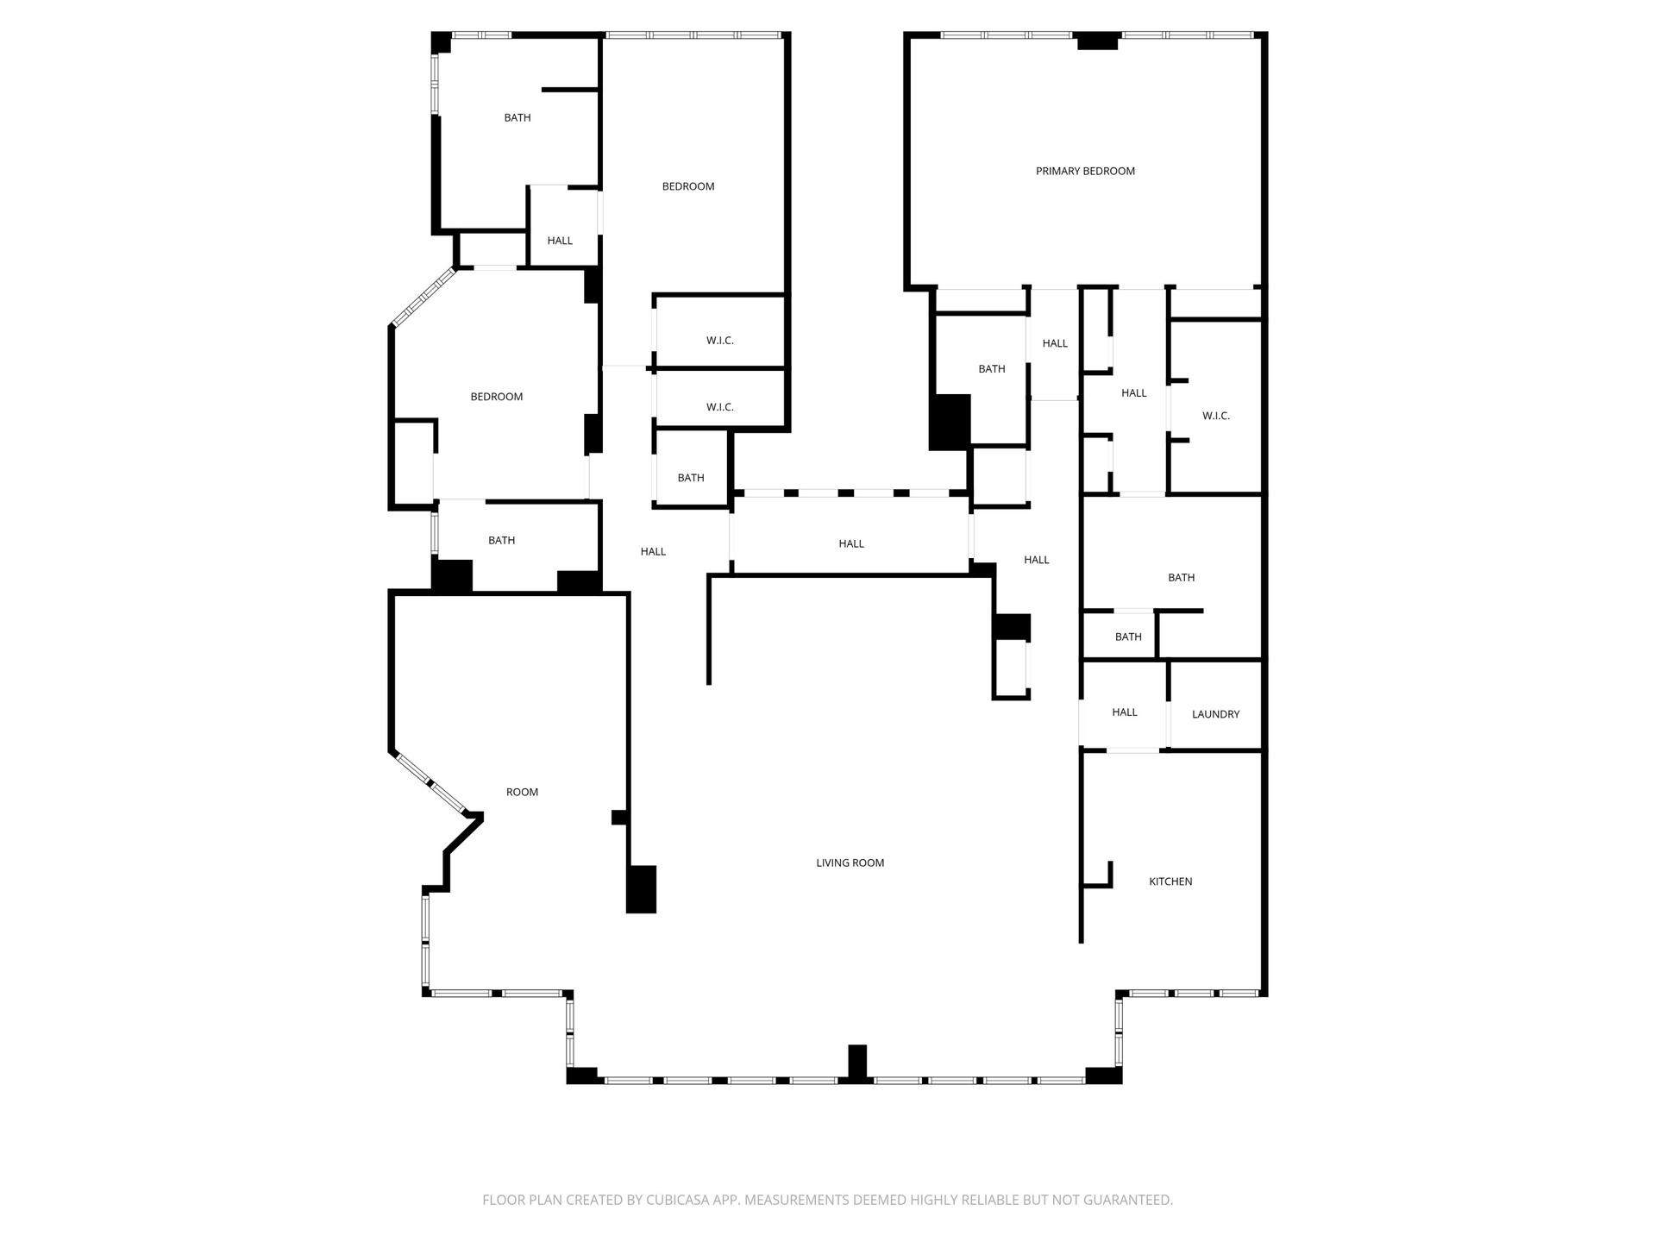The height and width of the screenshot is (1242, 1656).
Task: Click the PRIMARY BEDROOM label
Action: tap(1085, 171)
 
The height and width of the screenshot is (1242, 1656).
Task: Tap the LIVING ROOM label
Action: tap(850, 862)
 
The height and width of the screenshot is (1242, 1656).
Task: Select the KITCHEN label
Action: tap(1170, 881)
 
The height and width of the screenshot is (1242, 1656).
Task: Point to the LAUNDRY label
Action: tap(1215, 714)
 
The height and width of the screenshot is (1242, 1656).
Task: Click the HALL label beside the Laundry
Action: tap(1125, 712)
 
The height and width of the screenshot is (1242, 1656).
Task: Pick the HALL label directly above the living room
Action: tap(851, 543)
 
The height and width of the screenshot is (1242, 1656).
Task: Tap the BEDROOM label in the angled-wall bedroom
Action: tap(497, 397)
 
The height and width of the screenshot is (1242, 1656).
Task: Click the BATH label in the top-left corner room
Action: tap(517, 117)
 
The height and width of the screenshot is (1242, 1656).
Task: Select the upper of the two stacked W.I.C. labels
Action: tap(720, 341)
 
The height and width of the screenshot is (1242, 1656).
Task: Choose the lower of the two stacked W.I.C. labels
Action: tap(720, 407)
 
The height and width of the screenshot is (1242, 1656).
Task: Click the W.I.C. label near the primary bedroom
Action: tap(1216, 416)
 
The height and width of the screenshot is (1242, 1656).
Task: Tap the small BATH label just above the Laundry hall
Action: tap(1128, 637)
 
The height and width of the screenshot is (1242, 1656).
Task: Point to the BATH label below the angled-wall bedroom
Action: tap(502, 541)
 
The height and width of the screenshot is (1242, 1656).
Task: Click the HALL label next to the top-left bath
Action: tap(560, 241)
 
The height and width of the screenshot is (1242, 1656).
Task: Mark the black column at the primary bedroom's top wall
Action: tap(1097, 41)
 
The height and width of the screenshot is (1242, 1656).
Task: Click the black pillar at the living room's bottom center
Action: tap(856, 1062)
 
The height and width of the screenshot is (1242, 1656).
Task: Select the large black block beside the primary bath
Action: tap(950, 422)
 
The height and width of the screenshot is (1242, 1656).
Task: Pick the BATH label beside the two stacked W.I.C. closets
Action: tap(691, 478)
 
